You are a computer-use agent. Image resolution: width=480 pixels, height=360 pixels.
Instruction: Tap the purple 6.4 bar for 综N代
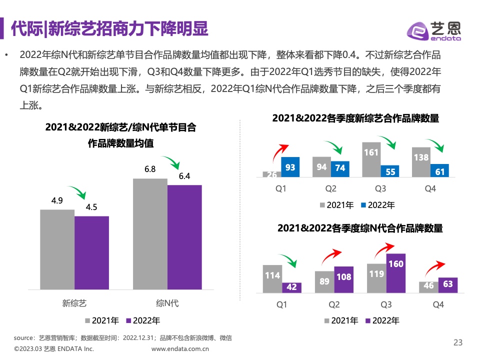(x=184, y=237)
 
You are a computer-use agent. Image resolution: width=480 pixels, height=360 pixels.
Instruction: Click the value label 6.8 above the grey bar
(x=150, y=169)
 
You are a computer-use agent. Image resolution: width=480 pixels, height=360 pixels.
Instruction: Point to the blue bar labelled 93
(x=290, y=166)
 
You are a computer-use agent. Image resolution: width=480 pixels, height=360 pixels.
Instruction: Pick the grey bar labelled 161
(x=371, y=159)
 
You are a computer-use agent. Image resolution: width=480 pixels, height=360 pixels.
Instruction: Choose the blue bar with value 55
(x=390, y=171)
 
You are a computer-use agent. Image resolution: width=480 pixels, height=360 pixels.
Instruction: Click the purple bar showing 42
(x=291, y=287)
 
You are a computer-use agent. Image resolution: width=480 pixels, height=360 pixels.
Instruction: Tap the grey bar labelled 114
(x=272, y=278)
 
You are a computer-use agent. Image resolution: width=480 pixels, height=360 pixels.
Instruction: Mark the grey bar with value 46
(x=428, y=286)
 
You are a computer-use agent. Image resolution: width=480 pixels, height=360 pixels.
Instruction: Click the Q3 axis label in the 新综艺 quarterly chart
(x=380, y=189)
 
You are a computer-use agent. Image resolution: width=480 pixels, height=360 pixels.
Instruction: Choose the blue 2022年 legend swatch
(x=363, y=205)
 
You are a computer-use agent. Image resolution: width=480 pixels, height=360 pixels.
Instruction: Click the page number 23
(x=458, y=342)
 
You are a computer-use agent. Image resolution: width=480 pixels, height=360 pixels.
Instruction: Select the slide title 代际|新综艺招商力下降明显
(x=109, y=29)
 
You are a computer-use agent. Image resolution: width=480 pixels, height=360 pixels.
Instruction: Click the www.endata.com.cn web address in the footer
(x=180, y=349)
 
